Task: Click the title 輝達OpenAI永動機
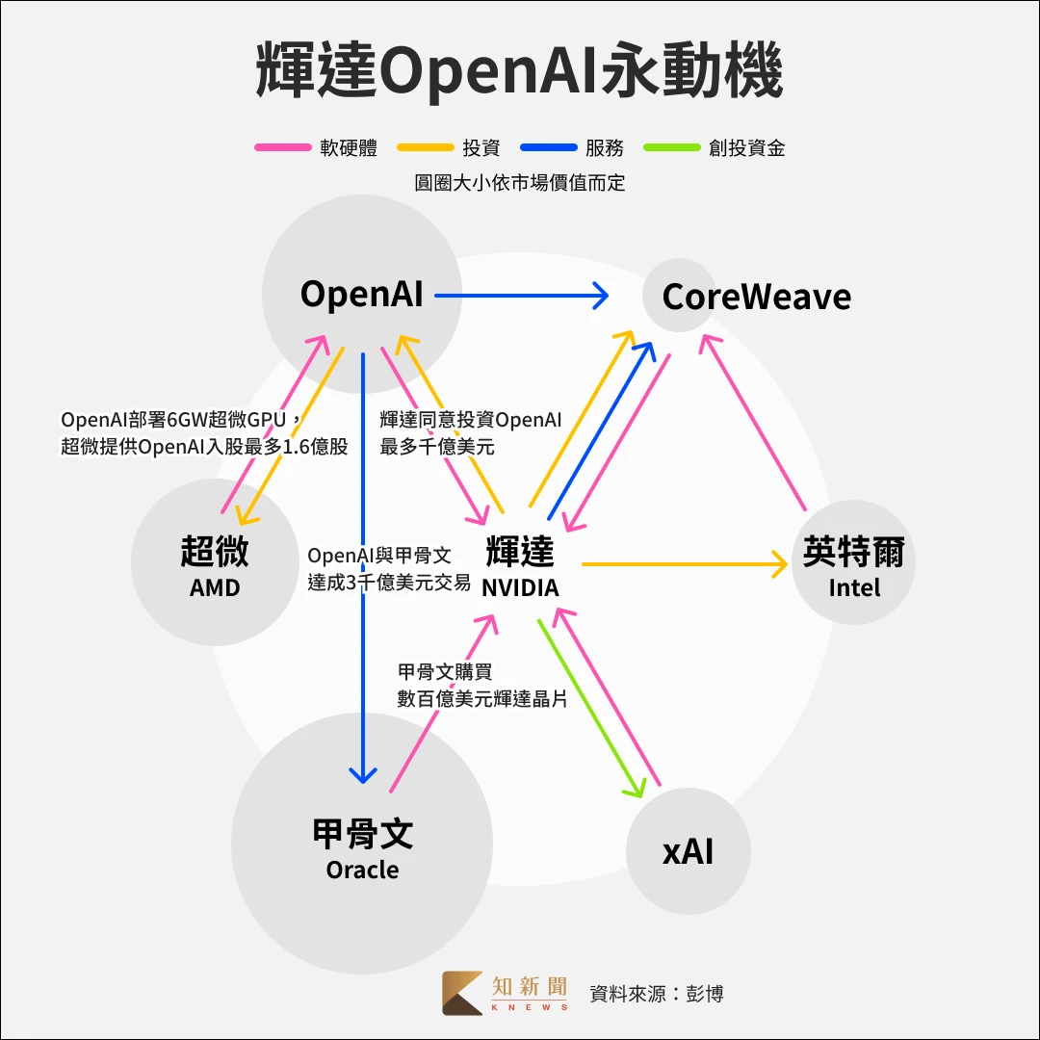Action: (519, 70)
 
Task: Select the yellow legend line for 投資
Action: (425, 147)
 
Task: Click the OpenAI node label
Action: (361, 294)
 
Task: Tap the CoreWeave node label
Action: (756, 297)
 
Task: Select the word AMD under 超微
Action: (214, 587)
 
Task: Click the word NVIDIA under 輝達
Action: (520, 587)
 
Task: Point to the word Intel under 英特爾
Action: (854, 586)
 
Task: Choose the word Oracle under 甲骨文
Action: (362, 870)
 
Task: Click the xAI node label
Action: (688, 851)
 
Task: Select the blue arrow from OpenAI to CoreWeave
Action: (520, 295)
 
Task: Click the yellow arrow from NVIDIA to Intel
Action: (684, 563)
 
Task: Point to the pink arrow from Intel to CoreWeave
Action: (756, 422)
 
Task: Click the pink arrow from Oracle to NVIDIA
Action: (443, 703)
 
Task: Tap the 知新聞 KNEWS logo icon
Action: (462, 992)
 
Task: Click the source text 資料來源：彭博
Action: (656, 993)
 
